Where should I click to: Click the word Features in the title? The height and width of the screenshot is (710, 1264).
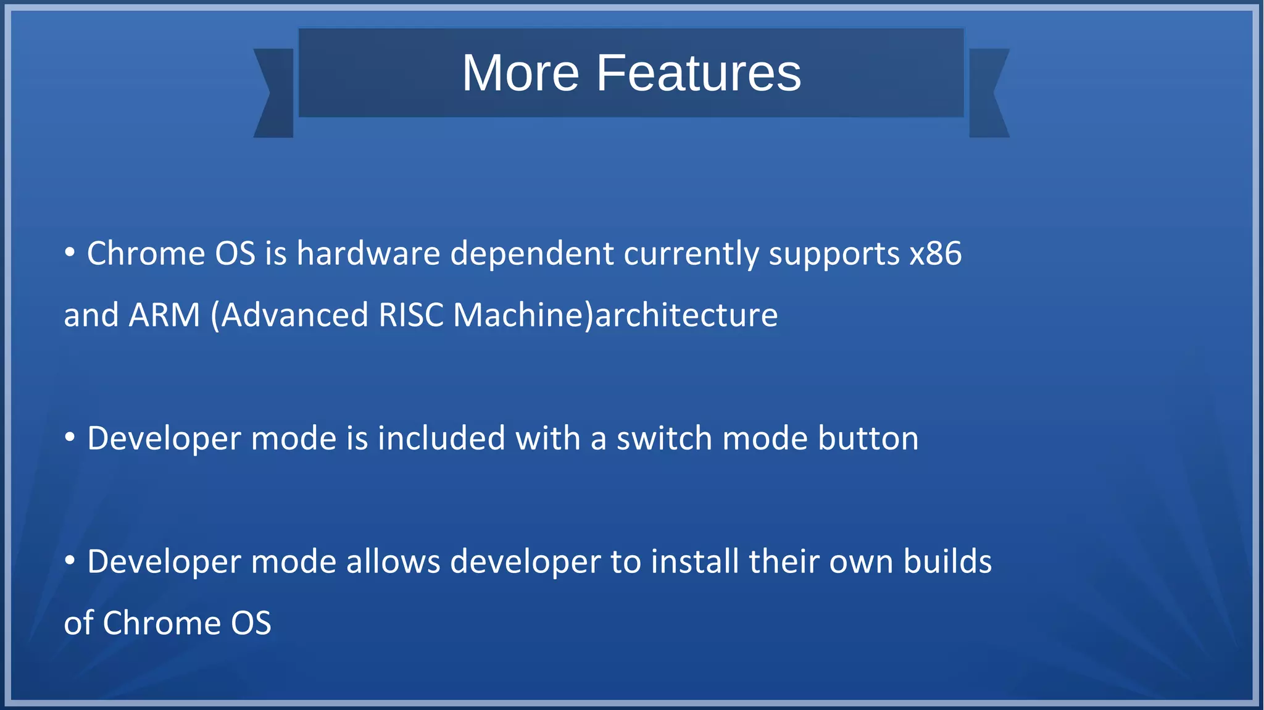(x=698, y=73)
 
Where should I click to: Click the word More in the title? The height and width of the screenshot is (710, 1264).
(x=520, y=73)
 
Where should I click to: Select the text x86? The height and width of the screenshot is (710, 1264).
(x=936, y=254)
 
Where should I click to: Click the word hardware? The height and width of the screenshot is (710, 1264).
(x=368, y=254)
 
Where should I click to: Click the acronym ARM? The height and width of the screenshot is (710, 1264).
(x=165, y=315)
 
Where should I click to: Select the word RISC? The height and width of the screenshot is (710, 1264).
(x=411, y=315)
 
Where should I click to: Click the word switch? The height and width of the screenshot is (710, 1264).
(x=664, y=439)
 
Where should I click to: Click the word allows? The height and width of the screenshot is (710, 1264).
(x=393, y=562)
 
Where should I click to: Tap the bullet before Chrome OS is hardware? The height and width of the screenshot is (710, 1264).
(x=70, y=253)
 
